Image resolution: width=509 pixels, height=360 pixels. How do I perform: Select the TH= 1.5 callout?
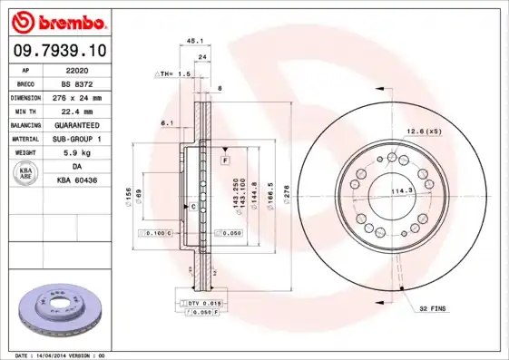click(173, 73)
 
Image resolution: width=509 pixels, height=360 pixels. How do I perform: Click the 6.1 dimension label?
click(166, 122)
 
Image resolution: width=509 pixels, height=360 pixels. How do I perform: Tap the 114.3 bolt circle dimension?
click(402, 190)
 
